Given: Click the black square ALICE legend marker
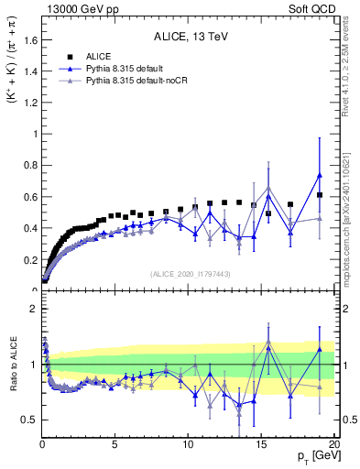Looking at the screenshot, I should (x=69, y=56).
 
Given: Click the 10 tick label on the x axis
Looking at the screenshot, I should (x=189, y=445).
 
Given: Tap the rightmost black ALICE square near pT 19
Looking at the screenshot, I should (x=320, y=195).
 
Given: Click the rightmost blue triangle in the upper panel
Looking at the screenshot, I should (x=320, y=175).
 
